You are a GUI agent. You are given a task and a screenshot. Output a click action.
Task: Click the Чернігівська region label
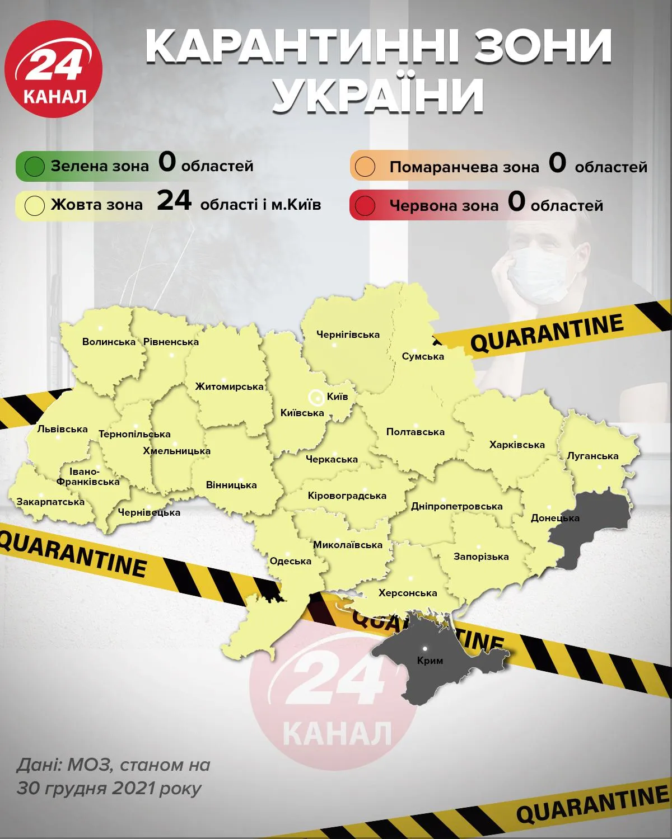click(x=348, y=335)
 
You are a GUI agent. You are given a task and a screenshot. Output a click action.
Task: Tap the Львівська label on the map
click(x=62, y=430)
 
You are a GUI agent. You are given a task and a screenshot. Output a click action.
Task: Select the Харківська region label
click(x=517, y=445)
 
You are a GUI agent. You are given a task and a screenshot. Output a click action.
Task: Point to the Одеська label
click(x=290, y=561)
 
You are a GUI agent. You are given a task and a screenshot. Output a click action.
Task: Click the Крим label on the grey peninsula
click(x=430, y=661)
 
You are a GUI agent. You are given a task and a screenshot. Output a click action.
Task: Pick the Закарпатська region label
click(x=50, y=502)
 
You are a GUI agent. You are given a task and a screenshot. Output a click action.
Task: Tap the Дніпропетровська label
click(x=456, y=506)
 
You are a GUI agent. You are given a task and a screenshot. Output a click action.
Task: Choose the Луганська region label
click(x=592, y=456)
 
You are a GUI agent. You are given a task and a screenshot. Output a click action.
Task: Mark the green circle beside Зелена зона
click(x=35, y=167)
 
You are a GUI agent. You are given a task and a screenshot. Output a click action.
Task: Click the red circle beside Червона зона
click(x=365, y=205)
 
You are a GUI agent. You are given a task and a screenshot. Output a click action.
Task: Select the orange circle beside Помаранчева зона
click(x=365, y=167)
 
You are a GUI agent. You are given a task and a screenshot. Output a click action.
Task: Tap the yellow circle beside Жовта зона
click(x=35, y=205)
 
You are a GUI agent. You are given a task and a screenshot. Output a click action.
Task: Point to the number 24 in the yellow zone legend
click(x=174, y=200)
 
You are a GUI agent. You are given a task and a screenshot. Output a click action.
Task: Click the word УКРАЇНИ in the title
click(x=380, y=96)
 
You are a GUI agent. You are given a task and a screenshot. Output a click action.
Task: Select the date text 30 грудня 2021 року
click(x=109, y=788)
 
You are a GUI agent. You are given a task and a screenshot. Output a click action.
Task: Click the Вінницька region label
click(x=231, y=485)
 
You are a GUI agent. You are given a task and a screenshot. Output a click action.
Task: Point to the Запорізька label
click(x=481, y=557)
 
